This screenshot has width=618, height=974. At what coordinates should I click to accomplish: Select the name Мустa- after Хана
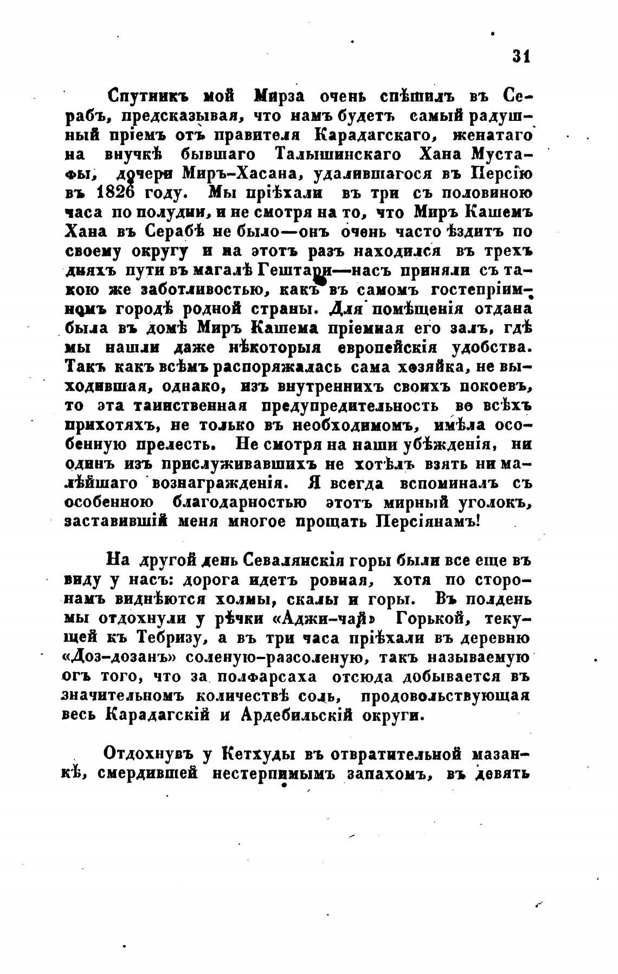(x=503, y=154)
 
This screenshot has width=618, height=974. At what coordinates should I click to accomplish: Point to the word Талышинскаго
(x=339, y=154)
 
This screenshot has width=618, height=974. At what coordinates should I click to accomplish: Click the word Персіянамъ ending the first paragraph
(x=428, y=521)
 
